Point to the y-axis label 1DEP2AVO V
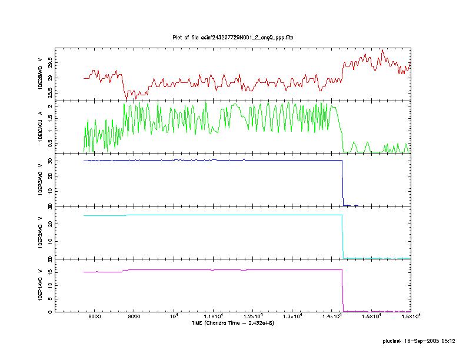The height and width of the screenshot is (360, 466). pyautogui.click(x=40, y=232)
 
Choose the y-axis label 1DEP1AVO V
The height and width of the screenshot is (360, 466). pyautogui.click(x=40, y=285)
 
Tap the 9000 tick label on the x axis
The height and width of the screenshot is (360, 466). pyautogui.click(x=134, y=317)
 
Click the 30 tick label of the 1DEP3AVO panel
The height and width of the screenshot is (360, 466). pyautogui.click(x=52, y=161)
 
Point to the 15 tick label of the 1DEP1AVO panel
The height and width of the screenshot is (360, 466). pyautogui.click(x=52, y=272)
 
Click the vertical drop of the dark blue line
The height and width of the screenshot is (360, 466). pyautogui.click(x=342, y=182)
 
